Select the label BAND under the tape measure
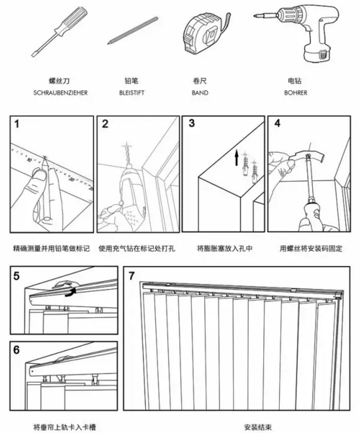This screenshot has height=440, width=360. pos(200,92)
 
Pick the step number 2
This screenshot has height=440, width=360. pos(105,124)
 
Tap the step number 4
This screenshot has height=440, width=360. pos(277,124)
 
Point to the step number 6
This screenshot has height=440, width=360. pos(17,349)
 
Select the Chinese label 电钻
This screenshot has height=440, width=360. pos(296,82)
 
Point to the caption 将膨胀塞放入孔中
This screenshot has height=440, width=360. pos(224,249)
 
